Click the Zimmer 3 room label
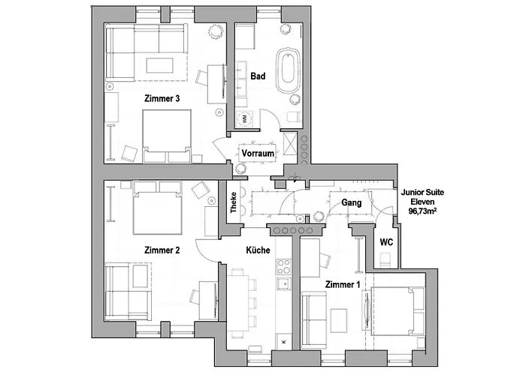tap(161, 98)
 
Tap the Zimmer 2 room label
tap(162, 250)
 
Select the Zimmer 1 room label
tap(343, 285)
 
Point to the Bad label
tap(258, 76)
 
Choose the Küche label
tap(258, 250)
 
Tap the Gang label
tap(352, 202)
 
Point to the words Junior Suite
tap(422, 193)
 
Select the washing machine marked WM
tap(246, 118)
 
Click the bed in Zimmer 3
tap(166, 136)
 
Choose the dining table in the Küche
tap(238, 300)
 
